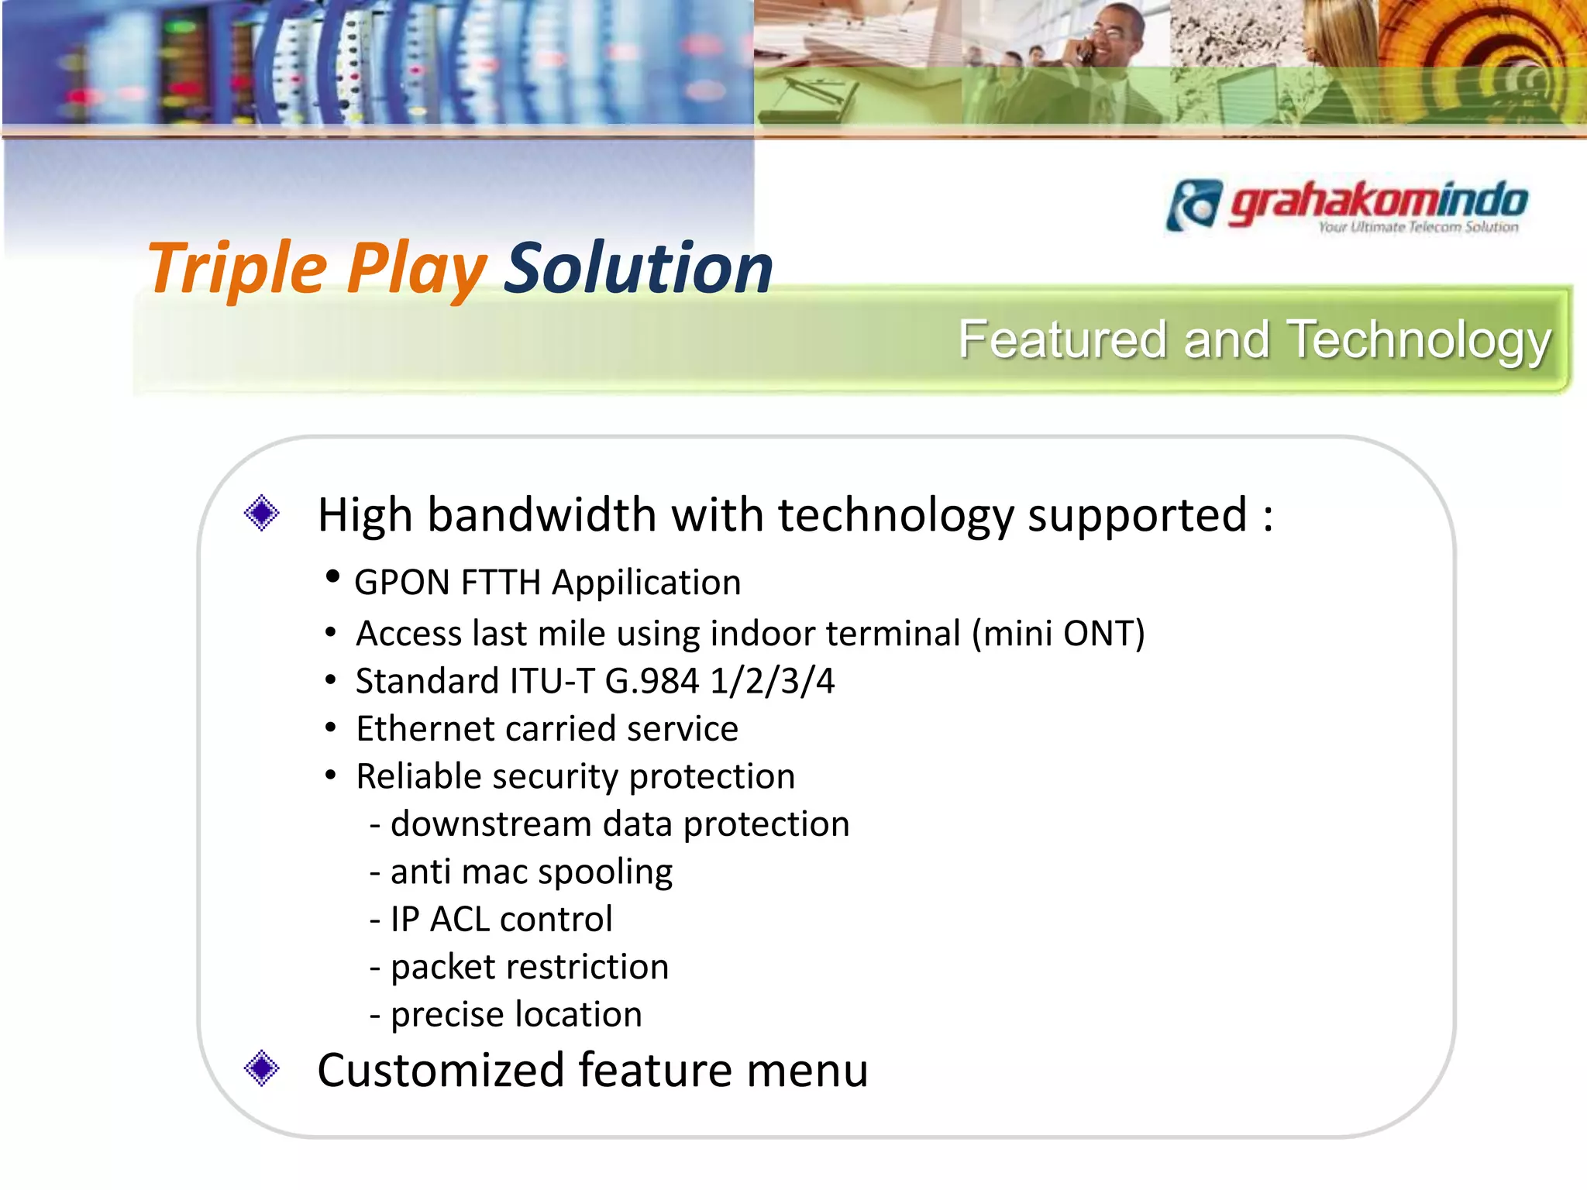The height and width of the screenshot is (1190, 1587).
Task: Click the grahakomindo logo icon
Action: click(1194, 205)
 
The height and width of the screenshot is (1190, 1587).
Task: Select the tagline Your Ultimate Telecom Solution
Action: click(1418, 227)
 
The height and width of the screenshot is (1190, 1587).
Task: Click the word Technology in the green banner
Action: click(1420, 340)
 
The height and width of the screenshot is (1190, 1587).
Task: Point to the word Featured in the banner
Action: click(1062, 340)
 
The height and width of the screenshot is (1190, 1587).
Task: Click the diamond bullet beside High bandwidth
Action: click(261, 513)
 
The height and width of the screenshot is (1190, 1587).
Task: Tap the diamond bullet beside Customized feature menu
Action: click(261, 1068)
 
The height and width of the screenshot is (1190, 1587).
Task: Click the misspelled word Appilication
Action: click(646, 583)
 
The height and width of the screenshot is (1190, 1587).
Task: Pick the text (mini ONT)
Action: click(1058, 634)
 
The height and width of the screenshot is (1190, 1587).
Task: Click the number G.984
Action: click(652, 682)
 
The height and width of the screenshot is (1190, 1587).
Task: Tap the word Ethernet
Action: click(425, 729)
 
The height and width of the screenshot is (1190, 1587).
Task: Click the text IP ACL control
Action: click(501, 920)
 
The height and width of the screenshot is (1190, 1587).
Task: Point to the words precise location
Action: click(516, 1015)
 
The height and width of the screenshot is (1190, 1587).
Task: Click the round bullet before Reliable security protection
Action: click(331, 776)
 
